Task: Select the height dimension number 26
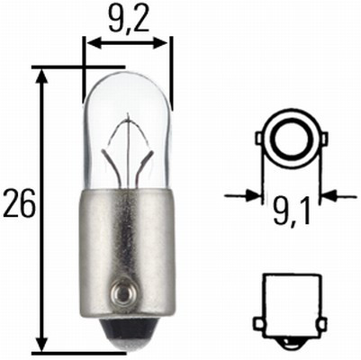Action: click(19, 204)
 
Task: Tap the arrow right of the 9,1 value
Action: click(328, 193)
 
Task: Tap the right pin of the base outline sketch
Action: click(321, 322)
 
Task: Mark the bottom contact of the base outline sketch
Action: click(290, 343)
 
